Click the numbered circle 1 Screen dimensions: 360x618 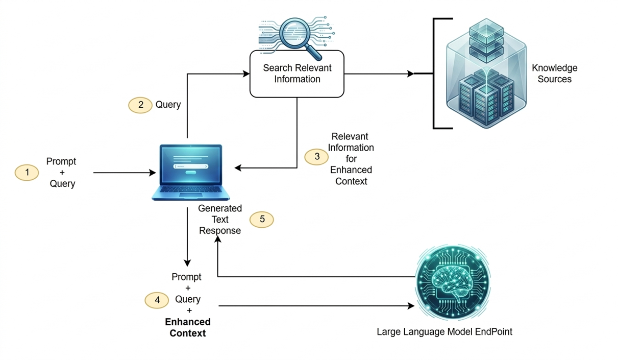27,173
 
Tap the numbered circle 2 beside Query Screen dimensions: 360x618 140,105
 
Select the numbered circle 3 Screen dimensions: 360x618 316,157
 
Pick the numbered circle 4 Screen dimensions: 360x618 157,300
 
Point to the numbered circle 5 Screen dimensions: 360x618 262,220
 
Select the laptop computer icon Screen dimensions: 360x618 191,172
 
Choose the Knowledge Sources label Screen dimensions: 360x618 554,74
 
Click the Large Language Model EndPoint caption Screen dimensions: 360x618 444,332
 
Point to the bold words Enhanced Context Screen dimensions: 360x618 187,327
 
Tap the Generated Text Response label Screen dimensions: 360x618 219,220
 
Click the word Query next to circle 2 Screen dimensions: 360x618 168,105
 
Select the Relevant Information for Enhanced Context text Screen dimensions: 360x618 351,159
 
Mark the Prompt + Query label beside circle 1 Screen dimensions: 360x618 62,173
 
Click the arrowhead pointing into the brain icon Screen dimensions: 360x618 411,306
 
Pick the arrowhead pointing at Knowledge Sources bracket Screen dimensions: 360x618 410,74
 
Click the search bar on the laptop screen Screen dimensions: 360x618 191,166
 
